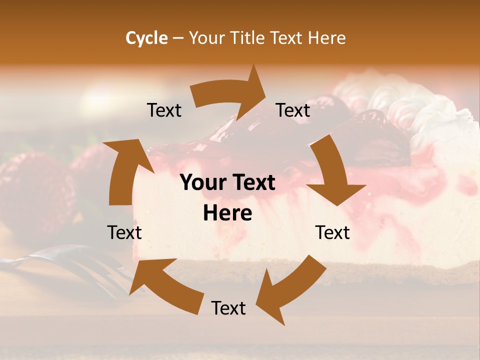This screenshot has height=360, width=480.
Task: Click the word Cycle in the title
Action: (146, 37)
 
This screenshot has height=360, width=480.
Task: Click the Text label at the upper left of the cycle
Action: (164, 110)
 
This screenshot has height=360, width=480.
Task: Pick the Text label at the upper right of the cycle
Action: (293, 110)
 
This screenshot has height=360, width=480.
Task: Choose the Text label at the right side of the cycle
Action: (332, 232)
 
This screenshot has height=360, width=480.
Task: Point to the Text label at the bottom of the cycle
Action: (228, 308)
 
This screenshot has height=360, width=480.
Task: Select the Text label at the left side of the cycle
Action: (124, 232)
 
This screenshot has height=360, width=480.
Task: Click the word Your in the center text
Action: (204, 183)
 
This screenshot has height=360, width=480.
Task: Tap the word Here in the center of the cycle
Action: (227, 213)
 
